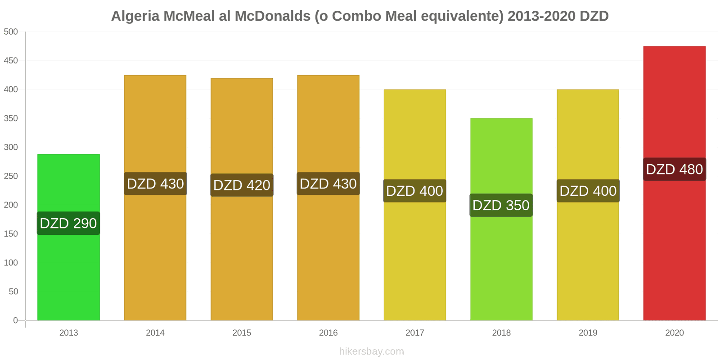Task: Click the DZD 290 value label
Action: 68,223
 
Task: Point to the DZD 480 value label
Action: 674,169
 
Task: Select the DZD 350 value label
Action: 501,205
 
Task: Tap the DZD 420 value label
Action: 242,185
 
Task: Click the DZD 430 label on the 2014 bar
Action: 155,184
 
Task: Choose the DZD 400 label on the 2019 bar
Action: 588,191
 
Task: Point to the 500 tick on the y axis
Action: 11,32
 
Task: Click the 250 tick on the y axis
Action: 11,176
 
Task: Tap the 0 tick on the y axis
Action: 16,320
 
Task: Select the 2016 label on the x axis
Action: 328,333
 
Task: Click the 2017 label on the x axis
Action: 414,333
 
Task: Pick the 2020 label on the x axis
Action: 674,333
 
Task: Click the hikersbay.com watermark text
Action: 371,351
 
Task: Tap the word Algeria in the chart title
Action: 135,16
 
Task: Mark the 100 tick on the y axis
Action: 11,263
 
